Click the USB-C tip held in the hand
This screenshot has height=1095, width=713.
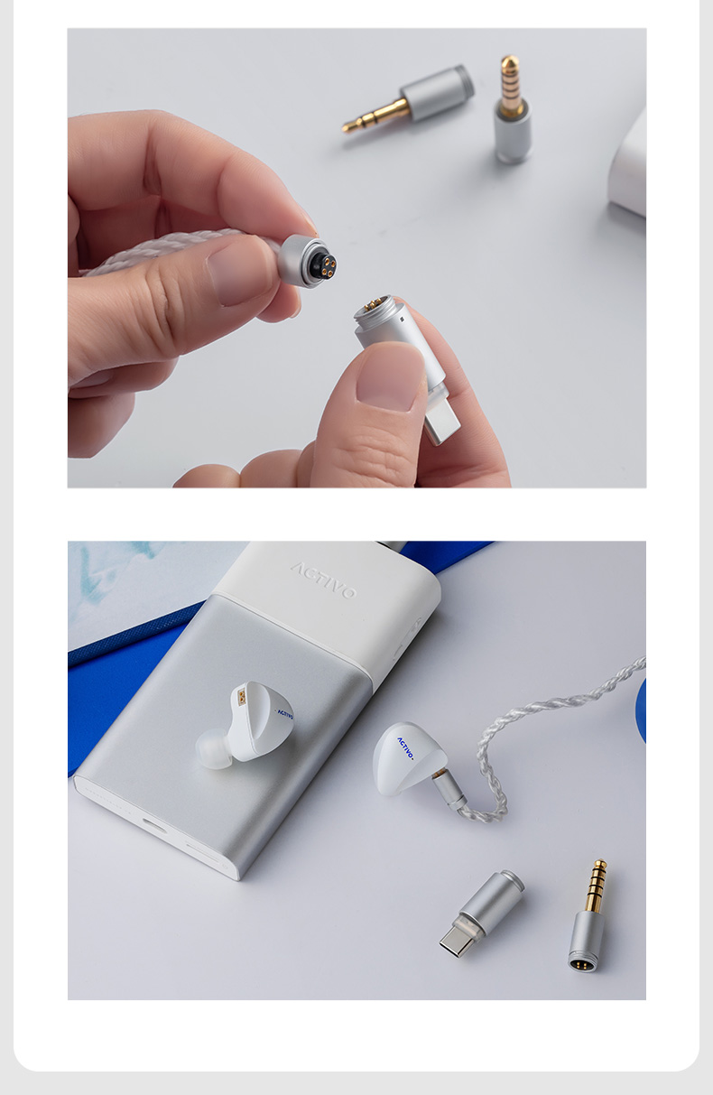pos(440,423)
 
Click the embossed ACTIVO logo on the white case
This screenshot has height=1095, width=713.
pos(323,580)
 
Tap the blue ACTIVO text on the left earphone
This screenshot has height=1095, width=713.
pos(284,714)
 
